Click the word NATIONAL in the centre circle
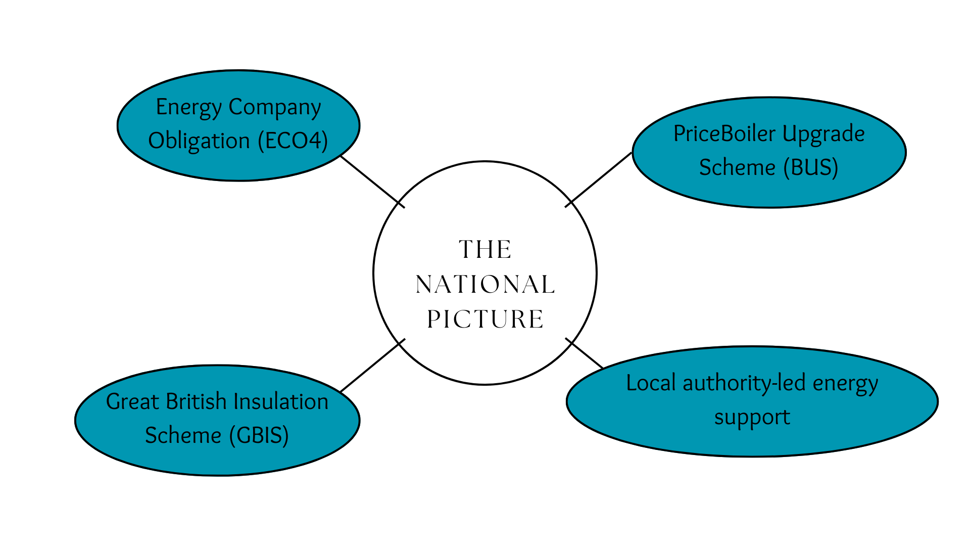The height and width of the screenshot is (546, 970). tap(485, 284)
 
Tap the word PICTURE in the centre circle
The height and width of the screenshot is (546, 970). tap(485, 319)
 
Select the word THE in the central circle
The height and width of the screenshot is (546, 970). tap(485, 250)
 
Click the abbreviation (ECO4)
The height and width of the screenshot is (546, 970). tap(293, 141)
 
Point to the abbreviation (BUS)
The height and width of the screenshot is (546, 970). tap(811, 167)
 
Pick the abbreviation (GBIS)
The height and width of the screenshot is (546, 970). tap(259, 435)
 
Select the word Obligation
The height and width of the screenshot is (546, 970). tap(199, 141)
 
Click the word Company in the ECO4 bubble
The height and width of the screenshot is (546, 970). tap(274, 108)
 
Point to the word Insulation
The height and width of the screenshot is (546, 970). tap(281, 401)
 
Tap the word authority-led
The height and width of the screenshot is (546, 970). tap(744, 383)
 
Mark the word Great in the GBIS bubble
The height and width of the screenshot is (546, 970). tap(132, 401)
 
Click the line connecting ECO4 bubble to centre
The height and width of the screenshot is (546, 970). tap(372, 181)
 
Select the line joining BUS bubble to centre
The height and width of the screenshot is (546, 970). tap(599, 179)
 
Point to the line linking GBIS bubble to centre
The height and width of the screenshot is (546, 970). tap(373, 366)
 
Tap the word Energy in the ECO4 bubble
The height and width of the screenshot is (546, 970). tap(188, 108)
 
